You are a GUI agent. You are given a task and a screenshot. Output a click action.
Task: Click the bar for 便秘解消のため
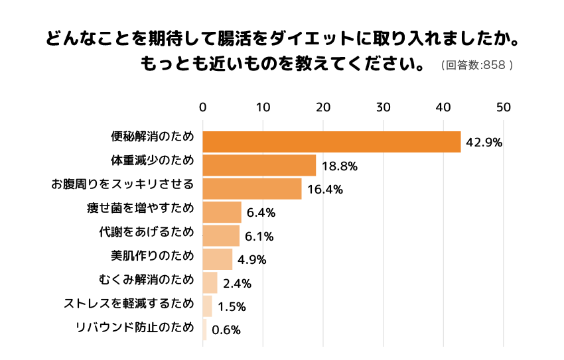coord(331,142)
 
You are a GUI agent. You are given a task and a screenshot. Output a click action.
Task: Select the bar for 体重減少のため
coord(259,165)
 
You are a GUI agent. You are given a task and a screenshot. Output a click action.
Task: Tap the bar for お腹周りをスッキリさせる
coord(251,188)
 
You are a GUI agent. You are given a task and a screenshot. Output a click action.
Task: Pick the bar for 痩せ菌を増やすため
coord(222,212)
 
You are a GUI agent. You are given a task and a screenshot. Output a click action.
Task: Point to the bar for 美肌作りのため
coord(217,259)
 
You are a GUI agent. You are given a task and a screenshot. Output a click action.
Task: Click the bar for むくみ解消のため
coord(210,282)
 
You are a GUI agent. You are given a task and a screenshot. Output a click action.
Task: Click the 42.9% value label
coord(484,143)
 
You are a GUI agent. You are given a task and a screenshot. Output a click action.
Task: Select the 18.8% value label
coord(340,166)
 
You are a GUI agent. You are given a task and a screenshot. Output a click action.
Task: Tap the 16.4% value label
coord(325,190)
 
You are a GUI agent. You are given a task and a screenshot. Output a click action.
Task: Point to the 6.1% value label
coord(260,236)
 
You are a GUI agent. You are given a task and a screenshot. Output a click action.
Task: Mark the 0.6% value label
coord(226,330)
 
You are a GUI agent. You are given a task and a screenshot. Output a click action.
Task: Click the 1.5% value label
coord(232,306)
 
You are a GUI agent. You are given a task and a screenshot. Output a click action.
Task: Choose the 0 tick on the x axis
coord(203,107)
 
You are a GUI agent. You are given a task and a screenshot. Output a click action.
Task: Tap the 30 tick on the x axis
coord(383,107)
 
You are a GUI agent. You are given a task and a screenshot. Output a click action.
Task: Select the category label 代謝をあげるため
coord(146,232)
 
